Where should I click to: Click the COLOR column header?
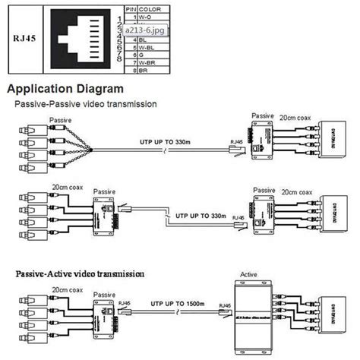[147, 8]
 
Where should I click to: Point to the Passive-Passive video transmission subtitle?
[85, 103]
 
